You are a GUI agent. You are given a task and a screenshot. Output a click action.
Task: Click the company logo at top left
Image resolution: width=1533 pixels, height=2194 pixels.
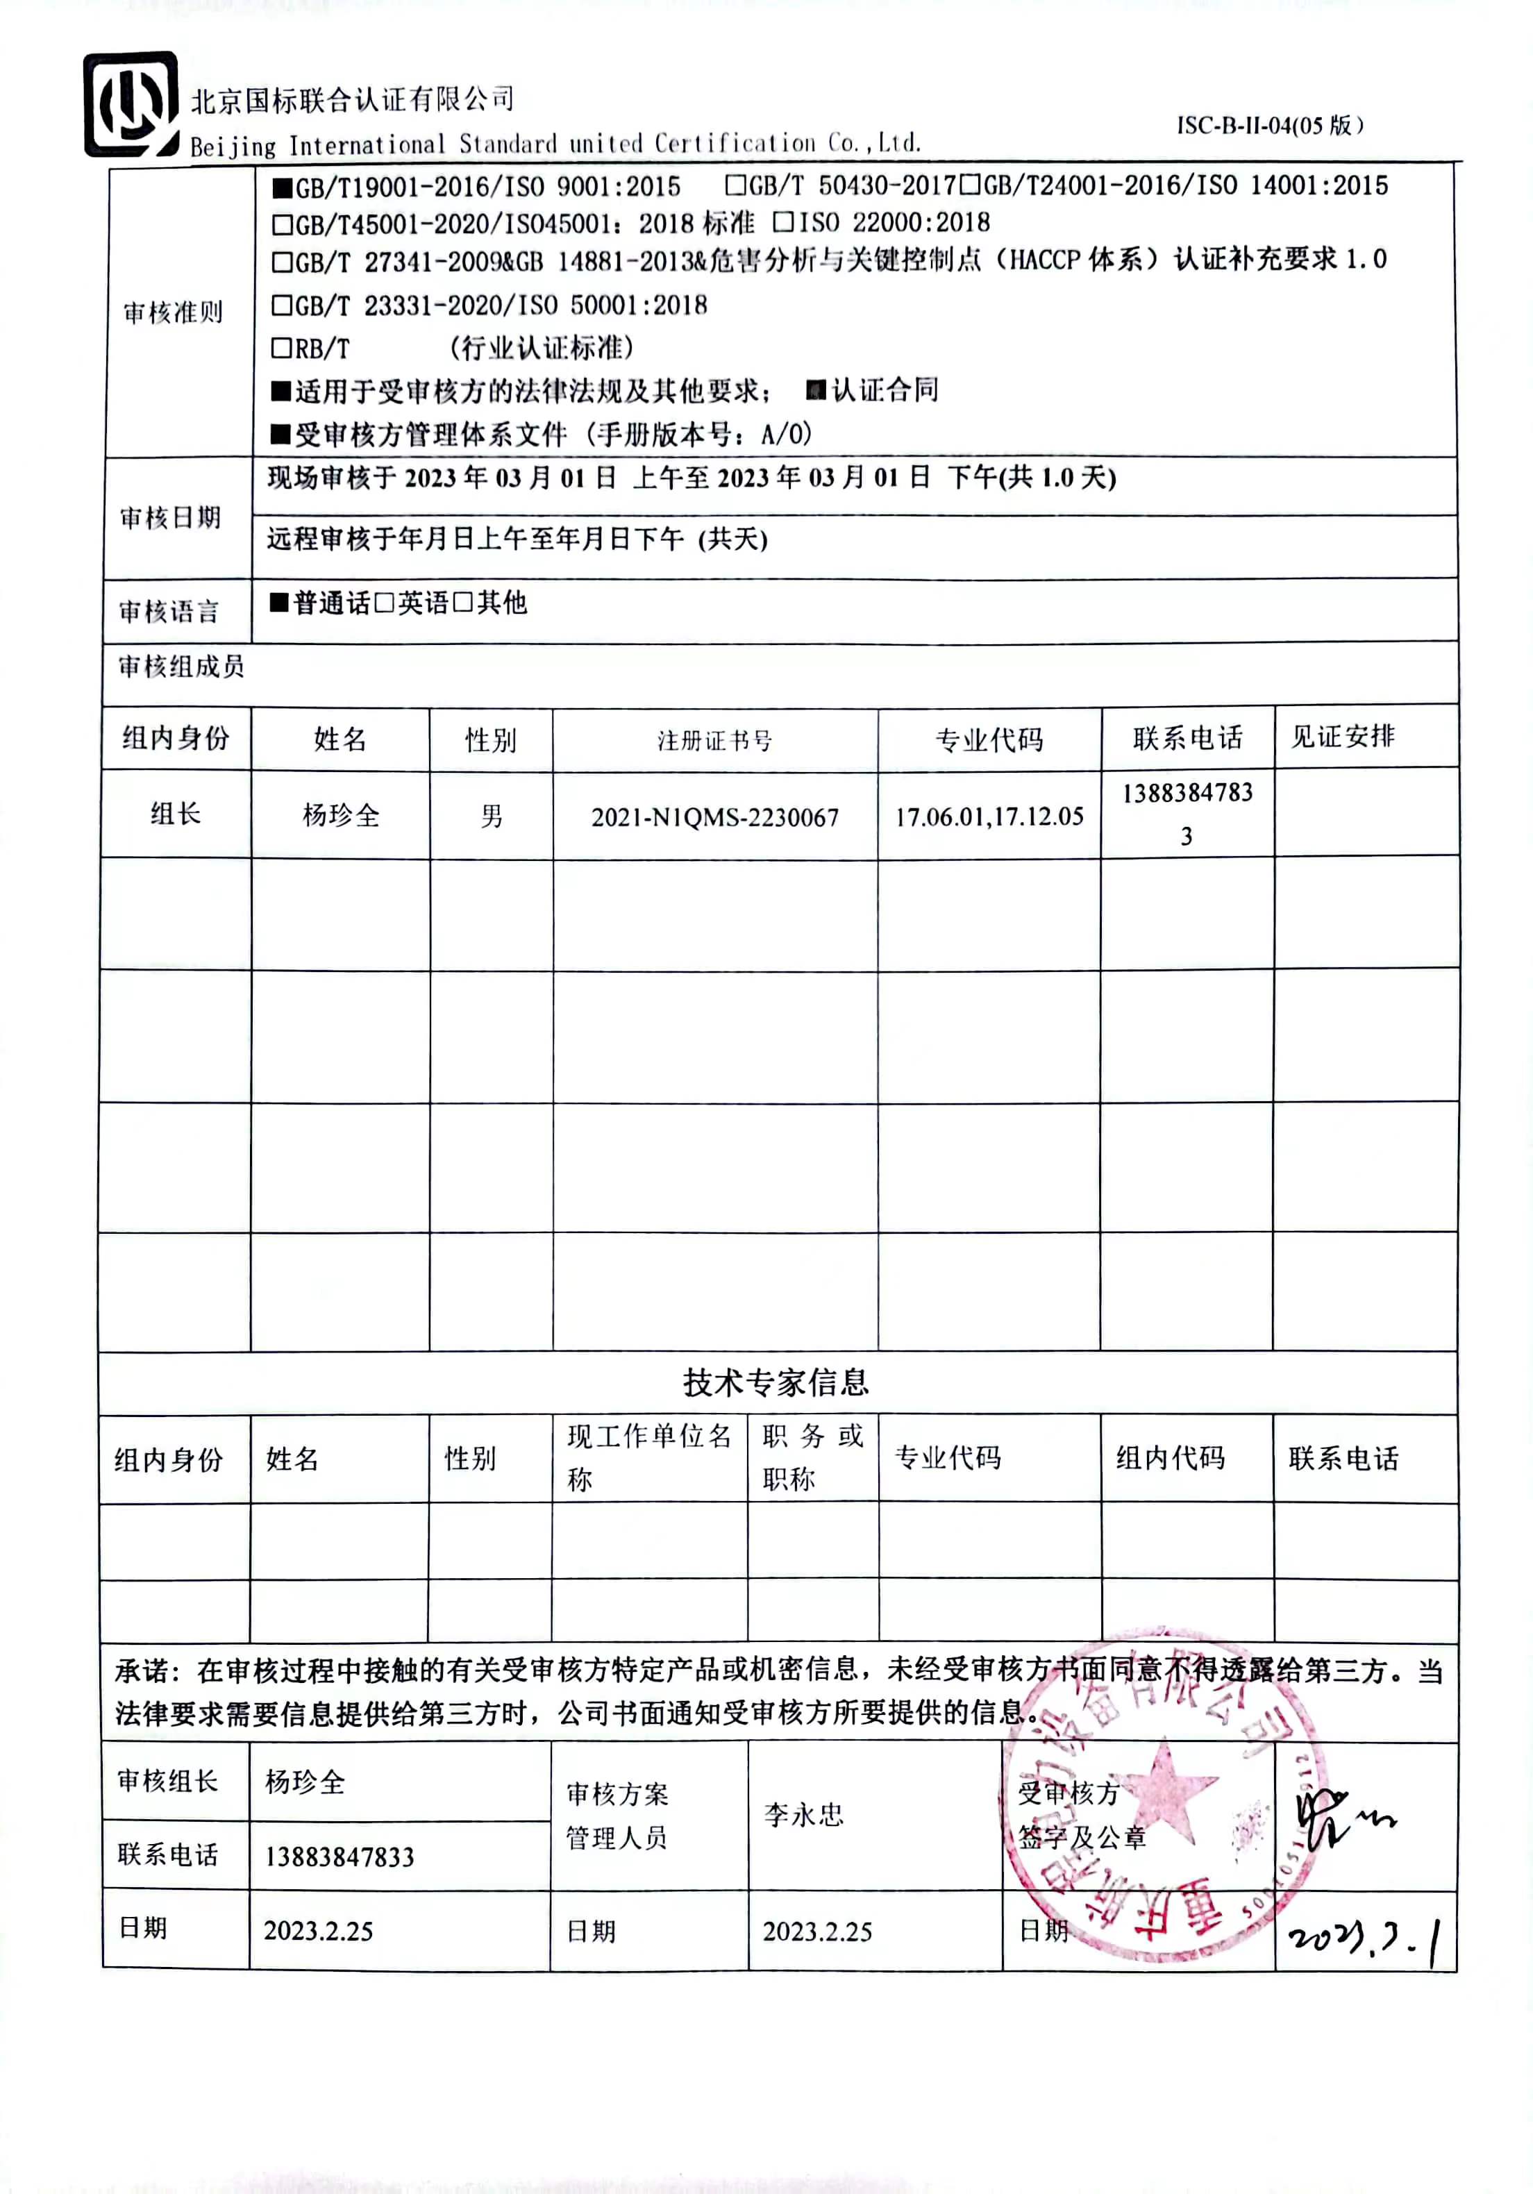tap(131, 104)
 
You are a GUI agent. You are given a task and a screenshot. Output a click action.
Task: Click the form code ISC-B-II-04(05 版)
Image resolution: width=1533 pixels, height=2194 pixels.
tap(1269, 125)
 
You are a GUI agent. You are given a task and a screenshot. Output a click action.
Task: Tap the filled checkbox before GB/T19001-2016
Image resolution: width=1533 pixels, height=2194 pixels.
tap(282, 187)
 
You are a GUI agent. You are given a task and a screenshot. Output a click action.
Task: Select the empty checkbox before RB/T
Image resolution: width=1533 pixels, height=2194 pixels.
tap(282, 348)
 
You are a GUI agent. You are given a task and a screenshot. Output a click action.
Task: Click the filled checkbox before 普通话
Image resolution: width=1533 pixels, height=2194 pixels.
tap(279, 602)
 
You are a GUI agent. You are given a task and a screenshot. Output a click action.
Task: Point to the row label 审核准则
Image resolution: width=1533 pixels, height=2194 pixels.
tap(173, 312)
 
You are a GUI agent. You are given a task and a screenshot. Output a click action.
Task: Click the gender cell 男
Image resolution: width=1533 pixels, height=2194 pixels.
tap(492, 816)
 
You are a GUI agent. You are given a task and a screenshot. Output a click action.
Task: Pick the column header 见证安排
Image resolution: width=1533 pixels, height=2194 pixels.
tap(1343, 736)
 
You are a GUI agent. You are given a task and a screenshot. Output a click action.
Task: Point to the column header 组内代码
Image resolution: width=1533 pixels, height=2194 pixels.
tap(1170, 1458)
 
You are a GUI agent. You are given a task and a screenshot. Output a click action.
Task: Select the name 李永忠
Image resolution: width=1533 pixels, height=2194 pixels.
tap(804, 1815)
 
